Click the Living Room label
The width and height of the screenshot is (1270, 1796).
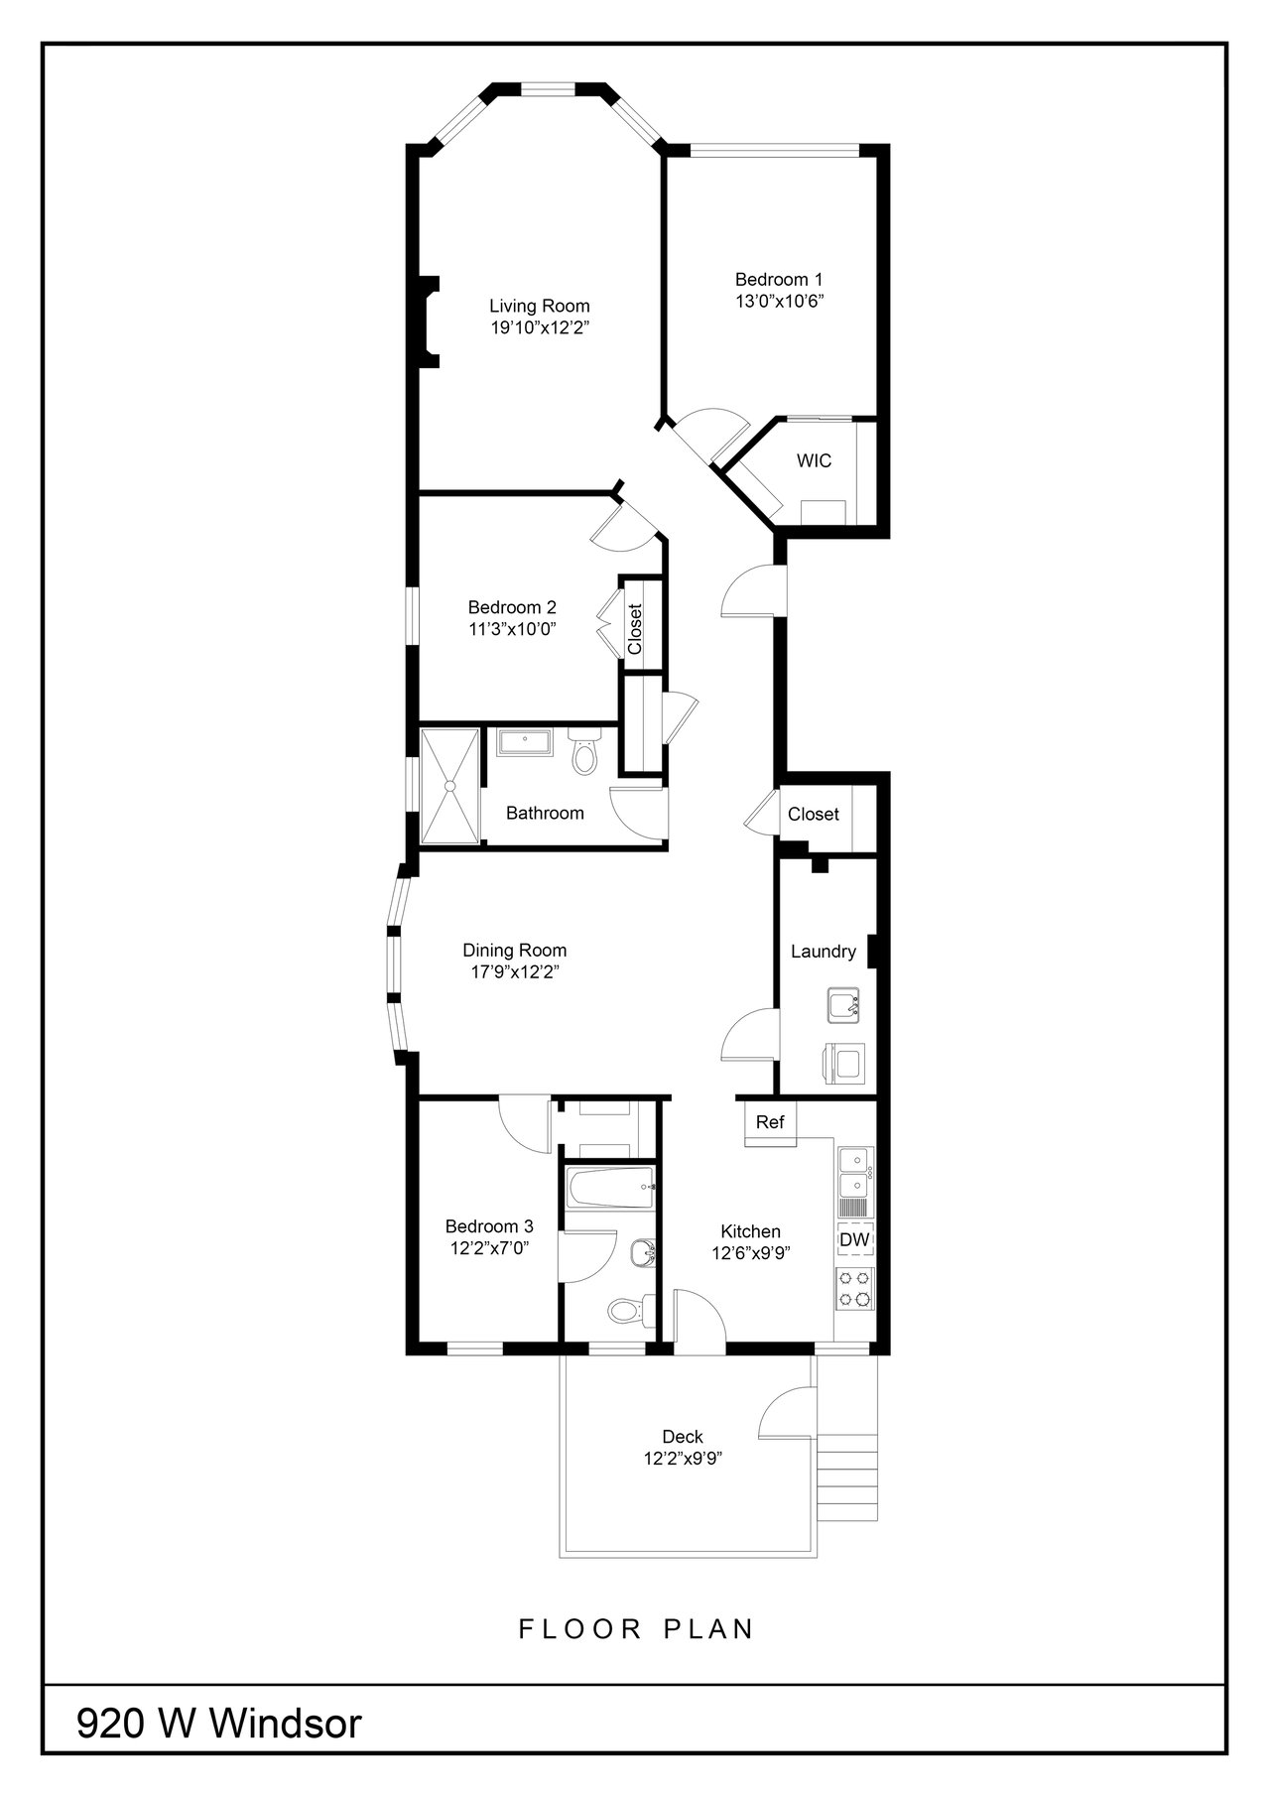539,306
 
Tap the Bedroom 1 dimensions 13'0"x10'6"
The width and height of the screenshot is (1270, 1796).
779,301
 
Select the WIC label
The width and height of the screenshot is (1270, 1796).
814,461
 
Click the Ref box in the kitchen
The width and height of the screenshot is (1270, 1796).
770,1122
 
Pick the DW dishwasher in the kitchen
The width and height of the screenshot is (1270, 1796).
855,1240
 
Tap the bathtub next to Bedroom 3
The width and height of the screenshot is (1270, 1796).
608,1186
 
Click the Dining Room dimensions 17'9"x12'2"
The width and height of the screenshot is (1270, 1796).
515,972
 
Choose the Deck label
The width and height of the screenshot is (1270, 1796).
683,1437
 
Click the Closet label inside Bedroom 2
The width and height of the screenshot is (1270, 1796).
635,629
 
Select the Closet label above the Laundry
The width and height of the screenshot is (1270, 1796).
814,815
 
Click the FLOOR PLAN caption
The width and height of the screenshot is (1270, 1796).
637,1629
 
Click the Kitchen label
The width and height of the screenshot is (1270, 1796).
751,1231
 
